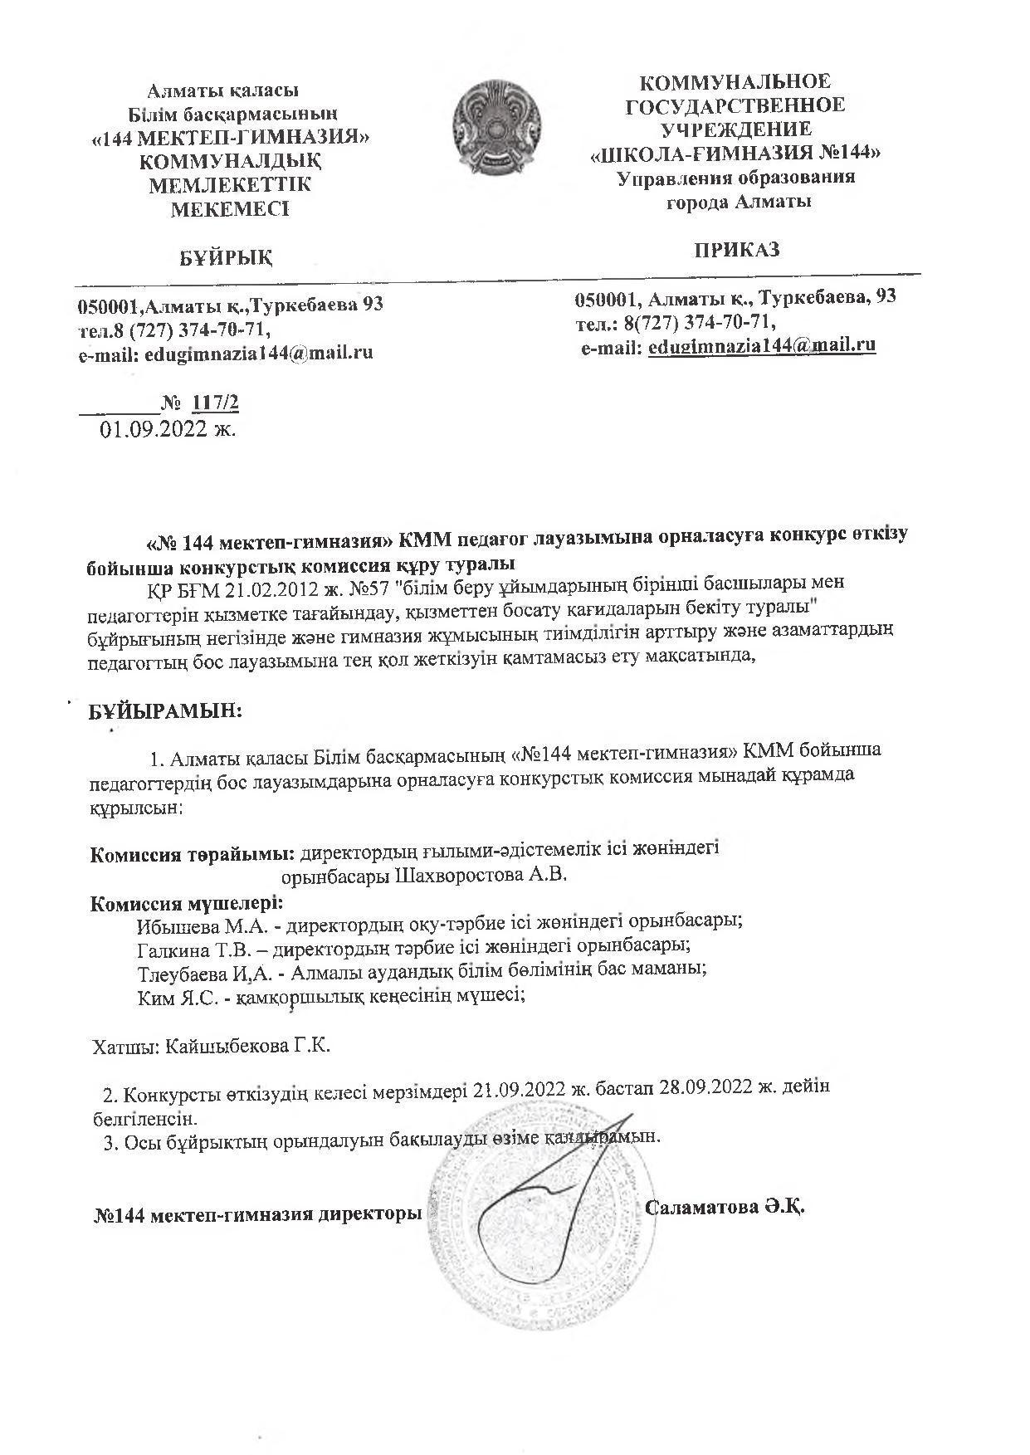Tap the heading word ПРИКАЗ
[x=737, y=250]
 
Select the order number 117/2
[x=215, y=403]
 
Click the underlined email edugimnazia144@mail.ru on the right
[x=762, y=346]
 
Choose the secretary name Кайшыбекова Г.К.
[x=247, y=1045]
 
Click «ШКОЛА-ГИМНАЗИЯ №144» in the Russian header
[x=735, y=154]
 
